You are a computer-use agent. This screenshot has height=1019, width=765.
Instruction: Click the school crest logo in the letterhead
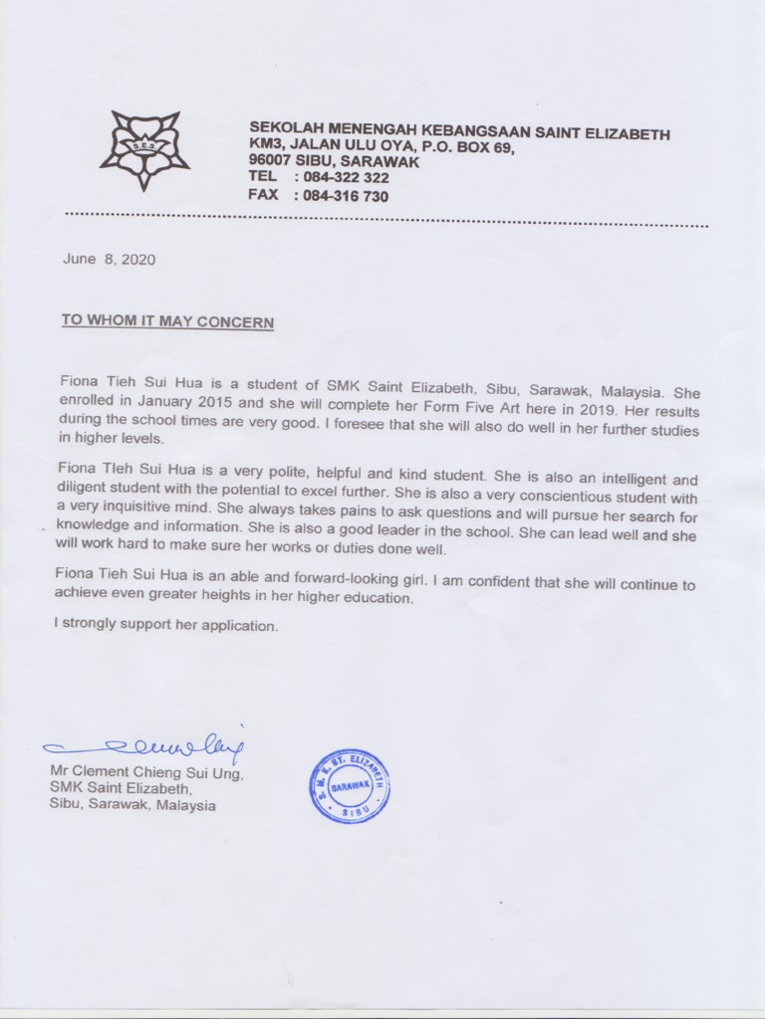click(144, 150)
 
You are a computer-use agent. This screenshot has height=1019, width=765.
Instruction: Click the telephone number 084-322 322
click(342, 177)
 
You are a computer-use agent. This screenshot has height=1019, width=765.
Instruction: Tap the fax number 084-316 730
click(342, 196)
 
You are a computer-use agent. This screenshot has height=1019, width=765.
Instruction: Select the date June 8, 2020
click(109, 259)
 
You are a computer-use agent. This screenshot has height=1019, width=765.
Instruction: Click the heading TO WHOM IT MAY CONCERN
click(167, 321)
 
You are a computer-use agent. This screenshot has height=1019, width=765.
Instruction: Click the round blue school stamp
click(349, 786)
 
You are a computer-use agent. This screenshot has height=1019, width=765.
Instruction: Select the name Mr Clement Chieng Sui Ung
click(145, 773)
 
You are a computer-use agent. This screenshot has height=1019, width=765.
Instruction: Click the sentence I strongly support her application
click(165, 627)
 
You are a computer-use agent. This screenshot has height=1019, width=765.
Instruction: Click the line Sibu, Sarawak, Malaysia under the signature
click(132, 805)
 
